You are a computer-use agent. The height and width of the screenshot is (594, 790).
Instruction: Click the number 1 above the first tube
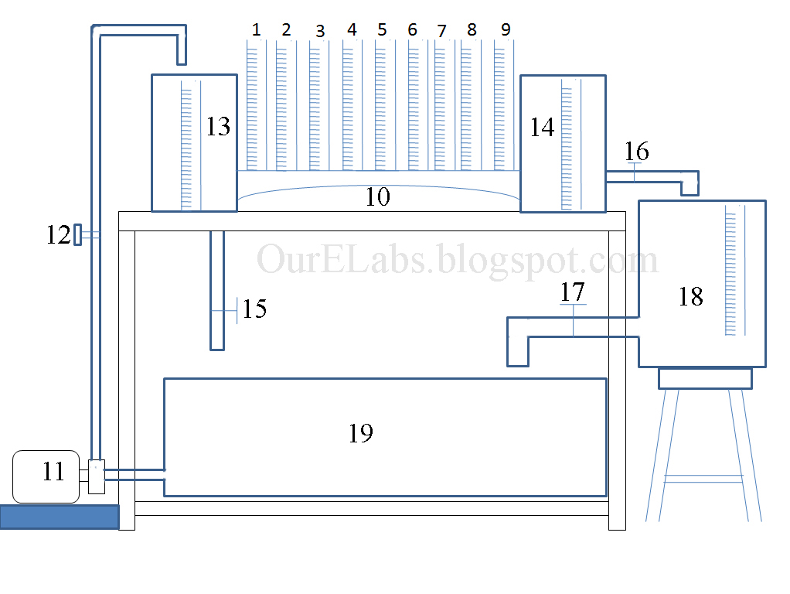[256, 29]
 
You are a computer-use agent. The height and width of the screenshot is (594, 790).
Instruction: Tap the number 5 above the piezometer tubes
[382, 29]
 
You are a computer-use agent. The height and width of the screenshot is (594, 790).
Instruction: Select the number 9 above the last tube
[506, 29]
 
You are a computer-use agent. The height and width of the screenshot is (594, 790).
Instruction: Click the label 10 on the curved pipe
[377, 197]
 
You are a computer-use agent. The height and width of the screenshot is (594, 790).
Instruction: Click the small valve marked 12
[77, 234]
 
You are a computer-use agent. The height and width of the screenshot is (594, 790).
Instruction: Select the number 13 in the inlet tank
[218, 126]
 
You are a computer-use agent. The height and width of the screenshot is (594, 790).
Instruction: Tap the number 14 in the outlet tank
[542, 128]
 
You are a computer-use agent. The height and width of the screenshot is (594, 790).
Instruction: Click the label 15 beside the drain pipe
[254, 309]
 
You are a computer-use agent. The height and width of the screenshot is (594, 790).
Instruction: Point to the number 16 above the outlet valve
[637, 151]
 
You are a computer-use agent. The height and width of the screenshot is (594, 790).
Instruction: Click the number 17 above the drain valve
[573, 292]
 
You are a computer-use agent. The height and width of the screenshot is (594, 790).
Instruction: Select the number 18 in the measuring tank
[690, 296]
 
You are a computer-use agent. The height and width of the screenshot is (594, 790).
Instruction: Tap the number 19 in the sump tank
[361, 434]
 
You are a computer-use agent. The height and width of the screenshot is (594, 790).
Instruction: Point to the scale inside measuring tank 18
[730, 271]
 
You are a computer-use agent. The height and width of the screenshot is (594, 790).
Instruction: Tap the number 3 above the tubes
[319, 31]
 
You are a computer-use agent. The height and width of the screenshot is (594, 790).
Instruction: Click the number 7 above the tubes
[441, 31]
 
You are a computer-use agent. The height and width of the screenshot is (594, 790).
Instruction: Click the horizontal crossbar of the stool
[703, 478]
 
